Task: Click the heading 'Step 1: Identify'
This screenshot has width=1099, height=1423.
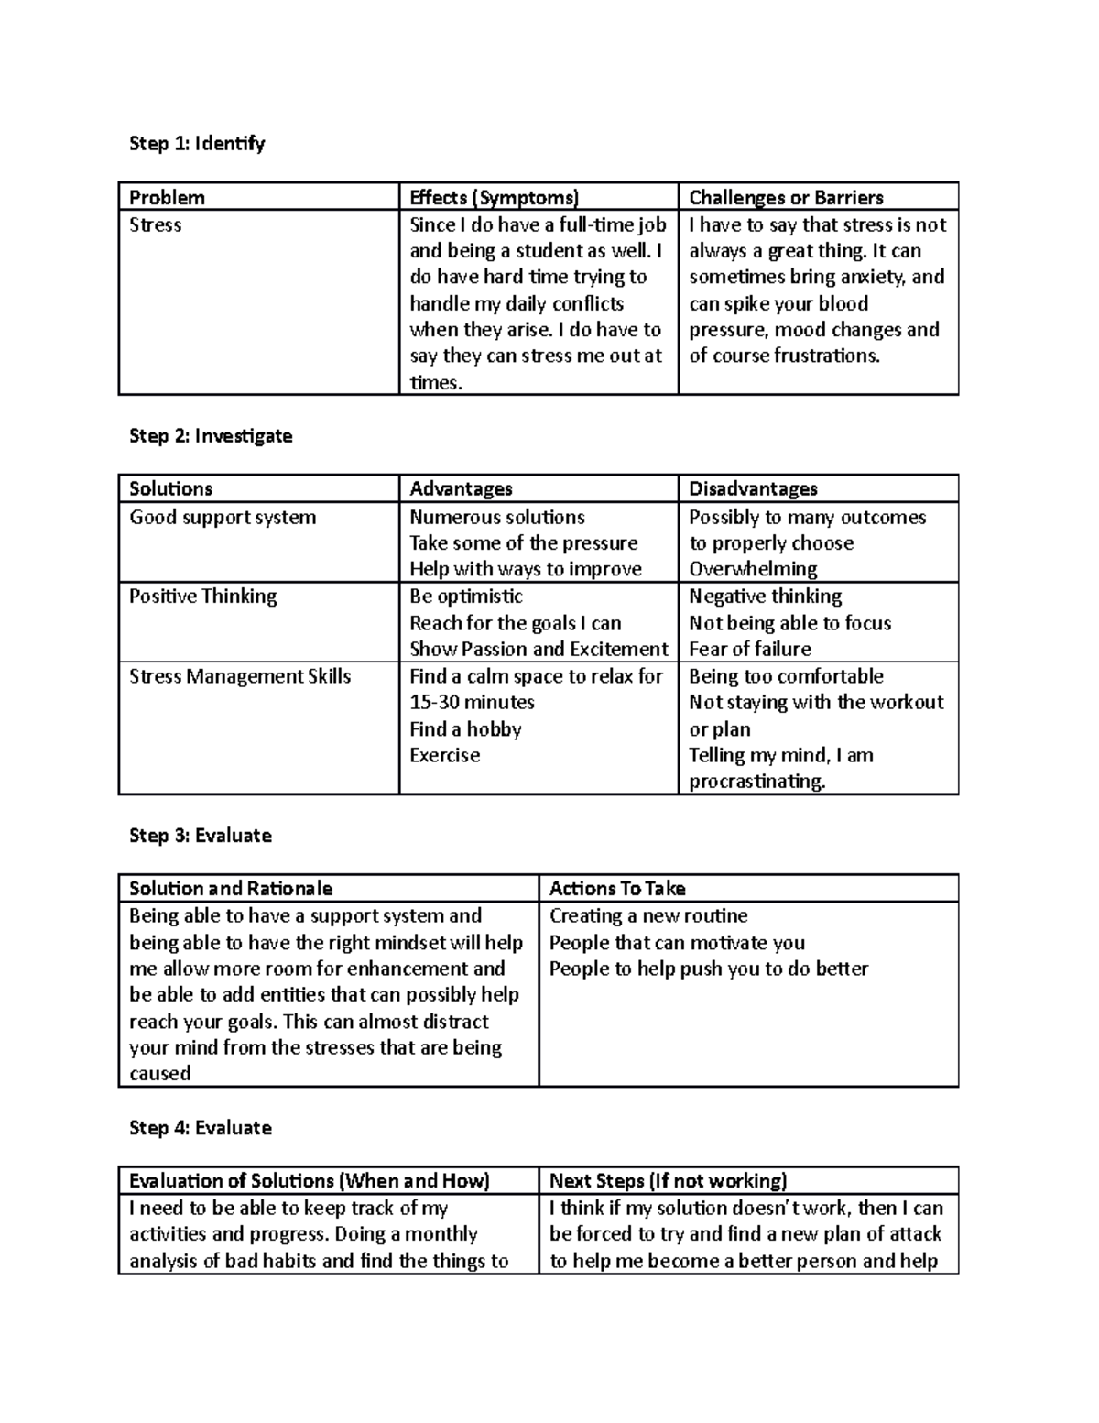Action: click(197, 143)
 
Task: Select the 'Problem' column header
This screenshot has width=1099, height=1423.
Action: click(167, 197)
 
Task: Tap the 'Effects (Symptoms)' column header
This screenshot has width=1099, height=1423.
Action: click(494, 197)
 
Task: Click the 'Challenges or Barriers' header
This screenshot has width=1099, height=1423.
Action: click(786, 197)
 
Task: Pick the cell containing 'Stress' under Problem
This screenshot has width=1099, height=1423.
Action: click(156, 224)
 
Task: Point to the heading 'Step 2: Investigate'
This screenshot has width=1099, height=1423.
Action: click(211, 435)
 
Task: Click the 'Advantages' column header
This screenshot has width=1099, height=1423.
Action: click(461, 488)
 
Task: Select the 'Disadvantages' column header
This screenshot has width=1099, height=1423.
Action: click(753, 488)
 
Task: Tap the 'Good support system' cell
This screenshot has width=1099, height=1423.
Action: click(223, 517)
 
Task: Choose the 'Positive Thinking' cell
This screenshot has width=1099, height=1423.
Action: click(202, 596)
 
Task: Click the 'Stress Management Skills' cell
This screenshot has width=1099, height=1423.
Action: click(240, 676)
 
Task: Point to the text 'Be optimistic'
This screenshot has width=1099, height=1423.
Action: click(466, 596)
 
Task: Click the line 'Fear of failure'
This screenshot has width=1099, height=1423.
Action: click(750, 649)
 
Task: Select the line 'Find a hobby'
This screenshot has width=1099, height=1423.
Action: click(465, 728)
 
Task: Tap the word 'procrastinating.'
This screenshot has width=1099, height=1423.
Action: click(757, 782)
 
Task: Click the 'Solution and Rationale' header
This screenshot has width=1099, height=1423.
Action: click(231, 888)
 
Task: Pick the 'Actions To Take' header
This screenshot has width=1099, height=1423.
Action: click(617, 888)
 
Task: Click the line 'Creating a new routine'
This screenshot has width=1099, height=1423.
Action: click(648, 915)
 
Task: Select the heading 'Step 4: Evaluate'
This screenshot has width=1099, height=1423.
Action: click(201, 1127)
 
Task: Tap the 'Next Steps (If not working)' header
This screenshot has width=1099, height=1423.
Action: click(668, 1180)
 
